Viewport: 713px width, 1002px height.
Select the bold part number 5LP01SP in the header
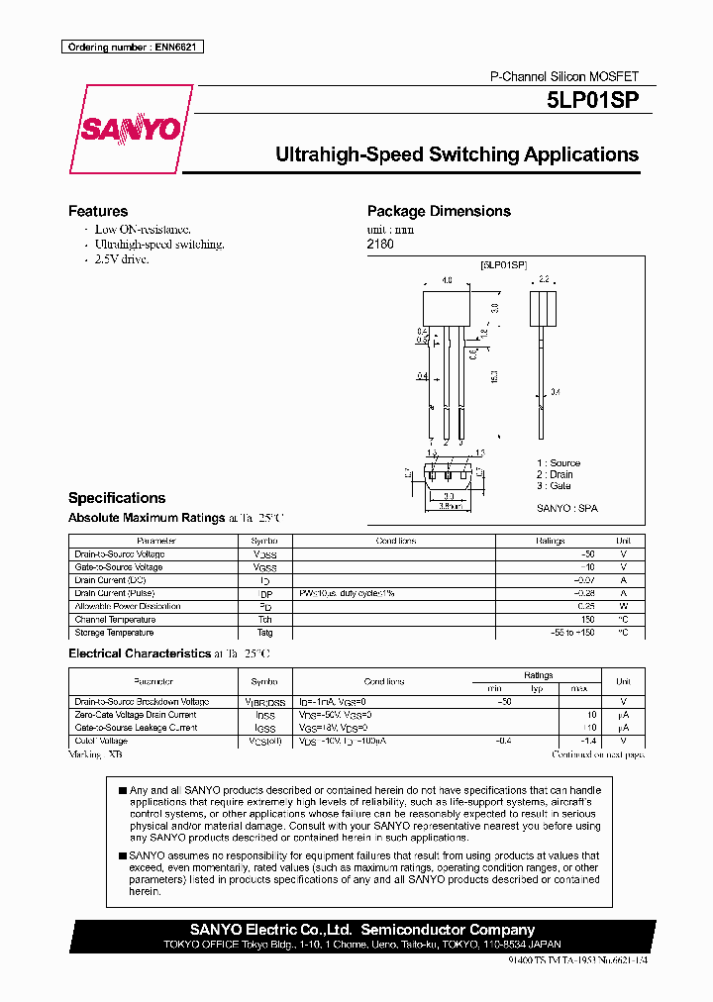[592, 100]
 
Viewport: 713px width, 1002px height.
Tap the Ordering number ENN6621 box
[132, 47]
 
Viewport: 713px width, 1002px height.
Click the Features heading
[97, 211]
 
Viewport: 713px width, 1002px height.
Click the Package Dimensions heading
[439, 211]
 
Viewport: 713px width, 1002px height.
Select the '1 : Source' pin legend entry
[559, 463]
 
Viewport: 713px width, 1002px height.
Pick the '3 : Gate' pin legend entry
[555, 486]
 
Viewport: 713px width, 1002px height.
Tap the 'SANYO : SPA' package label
[567, 508]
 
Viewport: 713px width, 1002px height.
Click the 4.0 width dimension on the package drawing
[448, 281]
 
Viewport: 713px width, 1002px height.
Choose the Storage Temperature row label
[114, 633]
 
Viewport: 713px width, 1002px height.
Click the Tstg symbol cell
[264, 633]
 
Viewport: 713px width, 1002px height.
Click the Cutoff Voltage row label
[101, 741]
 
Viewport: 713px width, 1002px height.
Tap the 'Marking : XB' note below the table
[95, 754]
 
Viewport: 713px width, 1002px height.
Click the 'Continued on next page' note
[597, 754]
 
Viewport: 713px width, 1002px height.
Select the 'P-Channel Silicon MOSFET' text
[564, 76]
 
